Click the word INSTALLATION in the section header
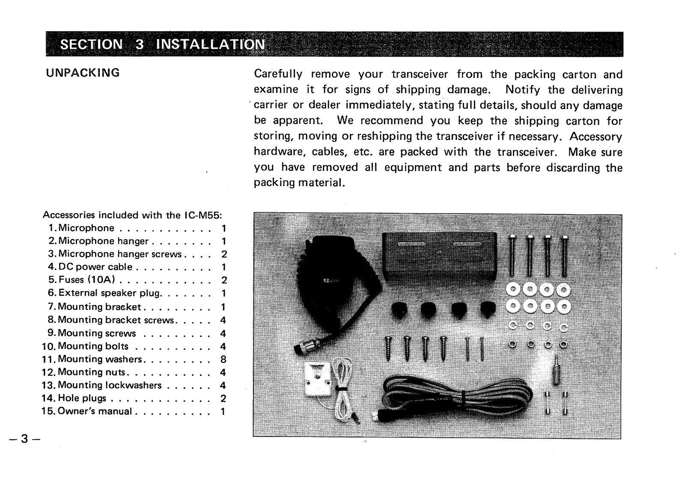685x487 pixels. [211, 45]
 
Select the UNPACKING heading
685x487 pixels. [83, 72]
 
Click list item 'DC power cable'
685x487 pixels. [95, 267]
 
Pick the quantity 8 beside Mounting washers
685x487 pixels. [223, 359]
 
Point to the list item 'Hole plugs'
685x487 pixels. [82, 398]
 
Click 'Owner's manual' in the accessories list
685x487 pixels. [95, 412]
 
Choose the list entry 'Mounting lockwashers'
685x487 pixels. [110, 385]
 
